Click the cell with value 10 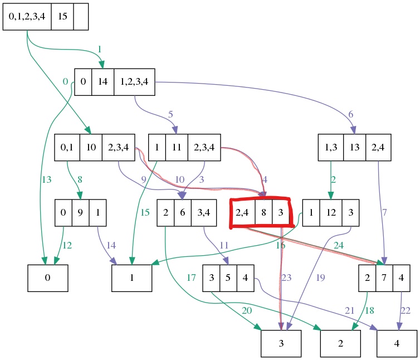pos(91,148)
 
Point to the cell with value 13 pos(354,148)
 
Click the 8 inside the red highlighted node pos(263,212)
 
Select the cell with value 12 pos(331,212)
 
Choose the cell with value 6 pos(182,212)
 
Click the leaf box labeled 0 pos(48,278)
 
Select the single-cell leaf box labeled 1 pos(132,278)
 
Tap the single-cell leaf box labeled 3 pos(281,344)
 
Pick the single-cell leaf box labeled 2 pos(340,344)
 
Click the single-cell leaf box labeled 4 pos(397,344)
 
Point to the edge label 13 pos(46,179)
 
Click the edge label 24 pos(339,244)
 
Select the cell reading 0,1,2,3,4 pos(27,17)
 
